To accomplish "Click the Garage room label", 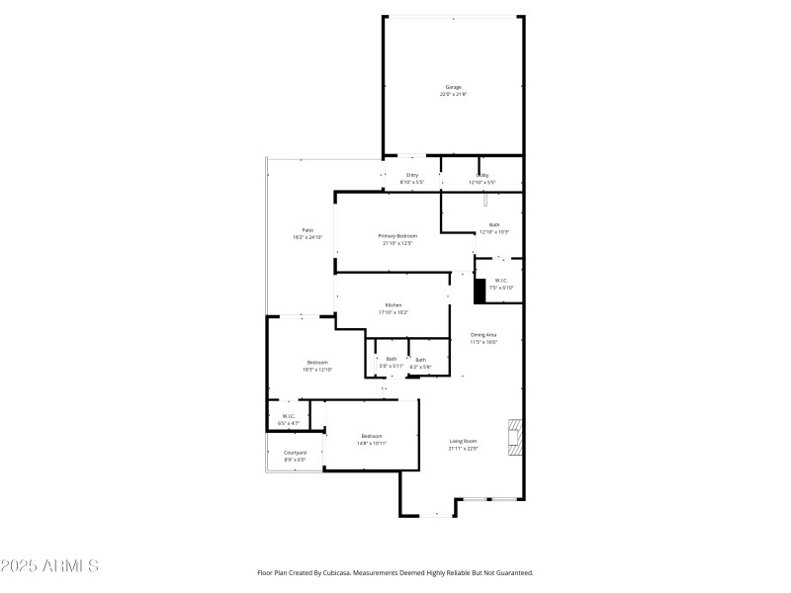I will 453,90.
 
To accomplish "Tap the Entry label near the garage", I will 411,179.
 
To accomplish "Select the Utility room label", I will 482,179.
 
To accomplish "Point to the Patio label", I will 308,233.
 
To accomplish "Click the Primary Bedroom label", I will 396,238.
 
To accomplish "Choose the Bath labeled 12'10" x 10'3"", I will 493,227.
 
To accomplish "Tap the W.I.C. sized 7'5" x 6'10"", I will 501,283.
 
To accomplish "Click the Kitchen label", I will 393,308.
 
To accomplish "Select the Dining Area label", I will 483,338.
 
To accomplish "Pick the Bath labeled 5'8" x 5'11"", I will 391,362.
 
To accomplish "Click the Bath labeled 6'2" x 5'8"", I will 420,363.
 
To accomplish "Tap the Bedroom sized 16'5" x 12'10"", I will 316,366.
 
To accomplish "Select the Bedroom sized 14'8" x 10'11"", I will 371,439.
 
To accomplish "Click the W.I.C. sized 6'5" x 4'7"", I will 288,419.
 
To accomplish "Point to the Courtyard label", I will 295,456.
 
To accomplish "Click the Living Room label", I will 463,445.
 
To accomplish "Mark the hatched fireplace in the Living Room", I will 514,439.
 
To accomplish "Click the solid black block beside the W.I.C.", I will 481,291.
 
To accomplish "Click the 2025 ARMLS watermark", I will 49,566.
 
